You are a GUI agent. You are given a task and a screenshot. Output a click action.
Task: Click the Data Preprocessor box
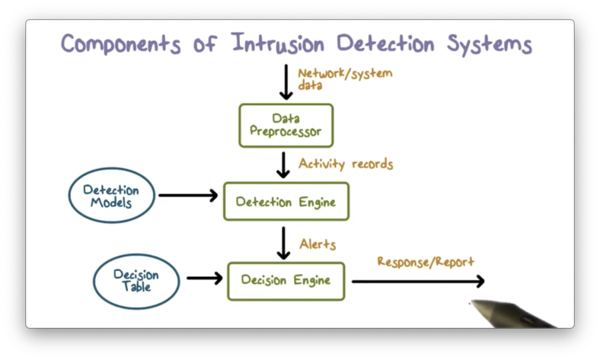point(286,125)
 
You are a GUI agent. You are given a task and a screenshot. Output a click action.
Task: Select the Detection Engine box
point(286,202)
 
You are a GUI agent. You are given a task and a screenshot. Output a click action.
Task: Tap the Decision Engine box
point(286,280)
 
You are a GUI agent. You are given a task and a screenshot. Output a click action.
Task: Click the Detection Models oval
point(111,196)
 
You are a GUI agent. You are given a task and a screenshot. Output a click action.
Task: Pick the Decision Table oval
point(137,280)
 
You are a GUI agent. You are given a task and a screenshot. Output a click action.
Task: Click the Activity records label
point(346,164)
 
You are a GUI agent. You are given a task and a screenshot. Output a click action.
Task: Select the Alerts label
point(318,244)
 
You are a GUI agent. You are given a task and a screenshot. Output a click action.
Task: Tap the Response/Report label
point(426,262)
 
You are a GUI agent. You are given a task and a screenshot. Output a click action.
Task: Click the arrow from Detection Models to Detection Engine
point(187,196)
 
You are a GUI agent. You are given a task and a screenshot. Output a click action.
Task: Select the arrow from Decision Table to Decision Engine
point(204,279)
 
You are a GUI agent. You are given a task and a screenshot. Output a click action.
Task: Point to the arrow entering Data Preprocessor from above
point(286,83)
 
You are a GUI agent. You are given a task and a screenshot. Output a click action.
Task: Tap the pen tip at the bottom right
point(471,304)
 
